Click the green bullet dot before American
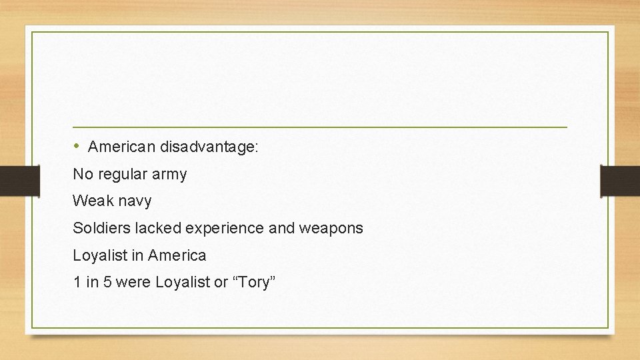77,145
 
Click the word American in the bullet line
120,147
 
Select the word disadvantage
207,147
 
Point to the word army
170,175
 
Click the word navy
135,201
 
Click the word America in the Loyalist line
177,255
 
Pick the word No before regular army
82,175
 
